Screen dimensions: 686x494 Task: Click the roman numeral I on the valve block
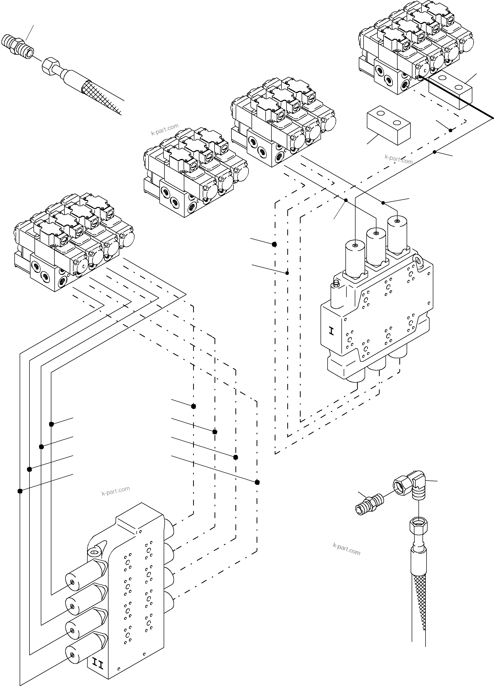click(x=332, y=332)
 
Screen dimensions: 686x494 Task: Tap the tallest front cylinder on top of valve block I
click(x=354, y=258)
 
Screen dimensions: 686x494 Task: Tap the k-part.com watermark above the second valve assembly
click(x=165, y=129)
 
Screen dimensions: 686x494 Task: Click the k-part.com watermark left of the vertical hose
click(x=346, y=549)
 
